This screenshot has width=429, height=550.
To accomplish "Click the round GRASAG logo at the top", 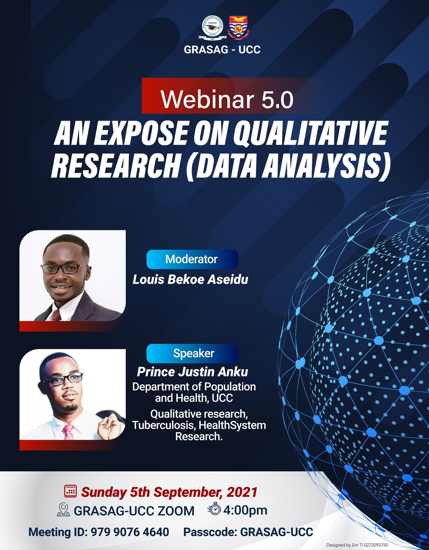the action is click(212, 29).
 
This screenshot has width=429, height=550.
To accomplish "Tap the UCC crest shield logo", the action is click(238, 28).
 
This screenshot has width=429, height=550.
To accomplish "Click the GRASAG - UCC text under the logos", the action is click(222, 50).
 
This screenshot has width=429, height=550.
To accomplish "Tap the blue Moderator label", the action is click(192, 259).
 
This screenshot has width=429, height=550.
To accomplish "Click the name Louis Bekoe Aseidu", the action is click(190, 280).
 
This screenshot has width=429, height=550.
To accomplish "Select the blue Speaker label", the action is click(192, 353).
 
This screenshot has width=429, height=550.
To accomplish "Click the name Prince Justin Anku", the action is click(192, 372).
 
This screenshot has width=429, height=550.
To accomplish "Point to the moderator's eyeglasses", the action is click(64, 269).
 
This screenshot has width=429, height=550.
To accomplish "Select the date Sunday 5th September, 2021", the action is click(169, 492).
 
